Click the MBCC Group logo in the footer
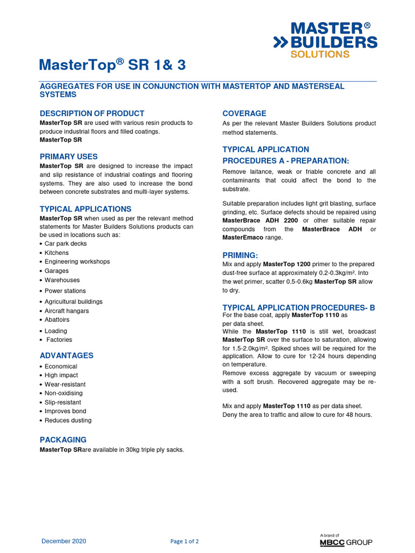click(346, 541)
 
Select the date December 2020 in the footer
click(64, 541)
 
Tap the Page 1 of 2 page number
click(184, 541)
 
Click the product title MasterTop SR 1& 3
click(112, 65)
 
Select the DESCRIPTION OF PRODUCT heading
click(92, 113)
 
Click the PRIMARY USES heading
click(69, 157)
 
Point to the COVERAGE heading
click(244, 113)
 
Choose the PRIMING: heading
click(240, 255)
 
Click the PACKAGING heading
click(63, 440)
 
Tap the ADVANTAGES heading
click(66, 355)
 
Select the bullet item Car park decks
click(65, 244)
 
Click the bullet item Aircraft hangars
click(66, 311)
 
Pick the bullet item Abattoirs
click(57, 320)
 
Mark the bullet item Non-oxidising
click(64, 393)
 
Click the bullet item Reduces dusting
click(68, 420)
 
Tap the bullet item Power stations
click(65, 291)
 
